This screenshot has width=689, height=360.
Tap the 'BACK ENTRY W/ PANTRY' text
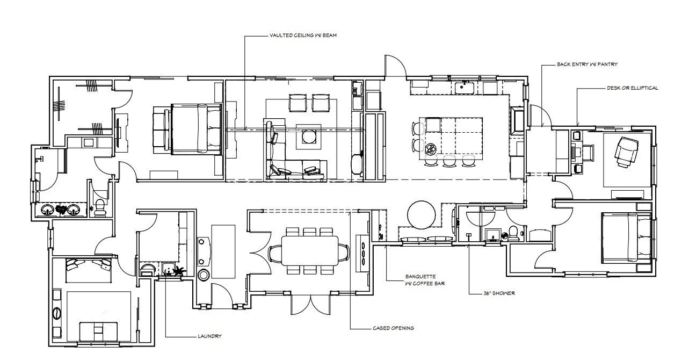pos(587,64)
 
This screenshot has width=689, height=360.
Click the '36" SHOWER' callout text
pos(499,293)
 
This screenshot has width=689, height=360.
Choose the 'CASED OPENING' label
pos(393,328)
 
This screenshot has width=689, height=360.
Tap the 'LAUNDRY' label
pos(209,336)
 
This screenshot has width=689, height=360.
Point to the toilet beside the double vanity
pos(99,207)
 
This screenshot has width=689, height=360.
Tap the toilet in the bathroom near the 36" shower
pos(514,232)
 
